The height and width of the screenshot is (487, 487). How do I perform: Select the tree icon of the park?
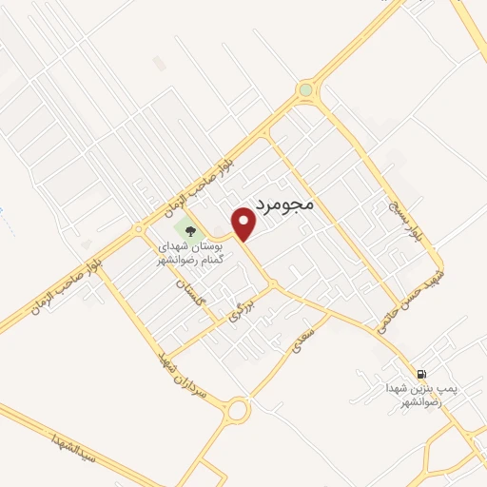pos(188,229)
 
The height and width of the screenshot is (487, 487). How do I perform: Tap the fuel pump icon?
pos(420,372)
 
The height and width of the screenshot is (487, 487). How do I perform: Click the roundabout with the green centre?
pos(304,91)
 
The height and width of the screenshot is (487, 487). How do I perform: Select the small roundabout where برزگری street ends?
pos(273,284)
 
